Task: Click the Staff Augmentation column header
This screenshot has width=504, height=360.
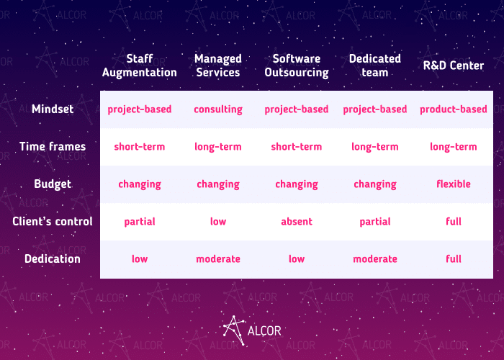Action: pos(140,66)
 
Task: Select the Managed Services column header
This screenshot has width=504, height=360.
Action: pos(218,66)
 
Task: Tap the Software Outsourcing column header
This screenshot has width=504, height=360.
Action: pos(297,66)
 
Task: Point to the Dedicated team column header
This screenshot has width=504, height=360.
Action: pos(375,66)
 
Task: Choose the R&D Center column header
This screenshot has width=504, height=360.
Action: pos(453,66)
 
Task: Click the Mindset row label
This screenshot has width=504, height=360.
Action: pos(53,109)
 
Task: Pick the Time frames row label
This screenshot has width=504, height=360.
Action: pos(53,147)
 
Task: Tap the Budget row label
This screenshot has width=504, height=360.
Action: pos(53,184)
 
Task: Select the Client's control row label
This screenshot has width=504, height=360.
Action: pos(53,222)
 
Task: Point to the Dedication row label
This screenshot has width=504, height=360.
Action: pos(53,258)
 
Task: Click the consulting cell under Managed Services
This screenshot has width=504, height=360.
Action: pos(218,109)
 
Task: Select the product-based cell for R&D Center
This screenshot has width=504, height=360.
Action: pos(453,109)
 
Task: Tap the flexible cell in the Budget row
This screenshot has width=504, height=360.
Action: pos(453,184)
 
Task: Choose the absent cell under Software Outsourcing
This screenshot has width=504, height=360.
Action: pos(297,222)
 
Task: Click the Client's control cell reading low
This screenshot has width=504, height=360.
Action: pos(218,222)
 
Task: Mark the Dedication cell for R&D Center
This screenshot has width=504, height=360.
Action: pos(453,258)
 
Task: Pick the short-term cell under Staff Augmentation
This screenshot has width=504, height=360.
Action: pos(140,147)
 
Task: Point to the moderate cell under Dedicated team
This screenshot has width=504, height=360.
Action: pos(375,259)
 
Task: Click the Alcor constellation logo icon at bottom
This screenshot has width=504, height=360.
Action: pos(234,330)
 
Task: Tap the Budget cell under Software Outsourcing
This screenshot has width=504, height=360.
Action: pos(297,184)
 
